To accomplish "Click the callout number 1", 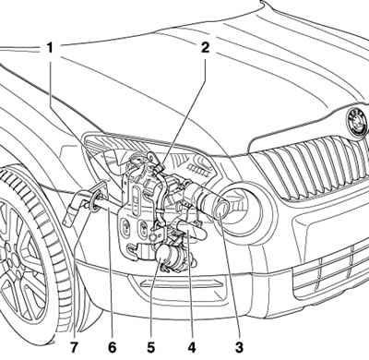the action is pyautogui.click(x=50, y=48).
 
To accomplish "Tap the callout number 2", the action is pyautogui.click(x=205, y=47).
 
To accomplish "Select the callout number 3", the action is pyautogui.click(x=239, y=347).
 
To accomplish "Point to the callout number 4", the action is pyautogui.click(x=191, y=347).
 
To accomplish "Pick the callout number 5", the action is pyautogui.click(x=150, y=347).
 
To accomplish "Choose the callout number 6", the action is pyautogui.click(x=112, y=347).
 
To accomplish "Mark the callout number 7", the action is pyautogui.click(x=74, y=347).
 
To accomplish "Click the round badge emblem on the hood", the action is pyautogui.click(x=357, y=121).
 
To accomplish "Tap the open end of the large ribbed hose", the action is pyautogui.click(x=221, y=210).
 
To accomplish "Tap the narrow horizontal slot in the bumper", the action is pyautogui.click(x=182, y=283).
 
